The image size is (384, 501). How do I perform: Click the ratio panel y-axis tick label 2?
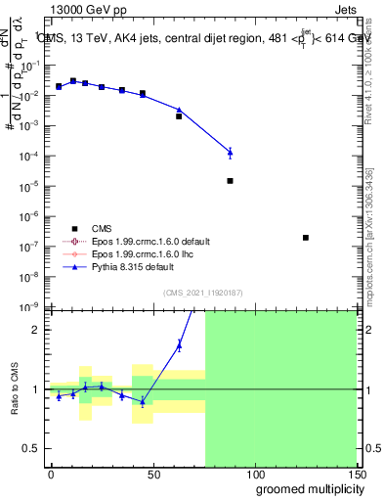pos(36,330)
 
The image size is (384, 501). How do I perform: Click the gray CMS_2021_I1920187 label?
pos(202,293)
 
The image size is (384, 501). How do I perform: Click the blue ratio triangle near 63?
pos(179,343)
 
